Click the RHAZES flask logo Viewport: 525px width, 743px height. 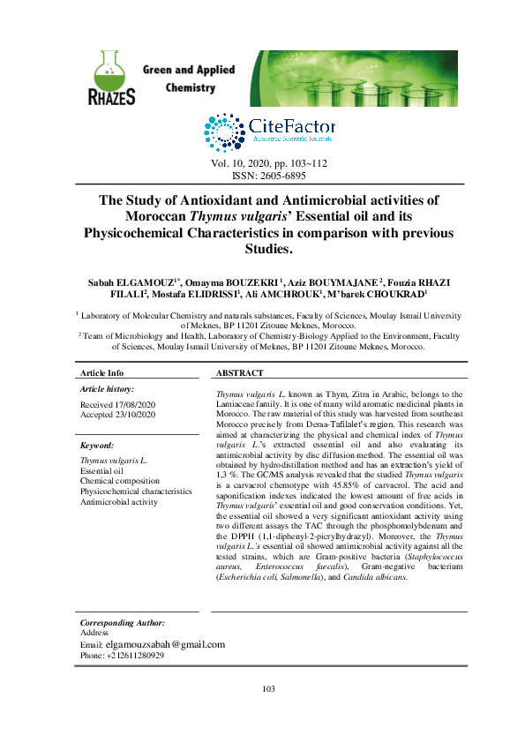pos(111,78)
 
